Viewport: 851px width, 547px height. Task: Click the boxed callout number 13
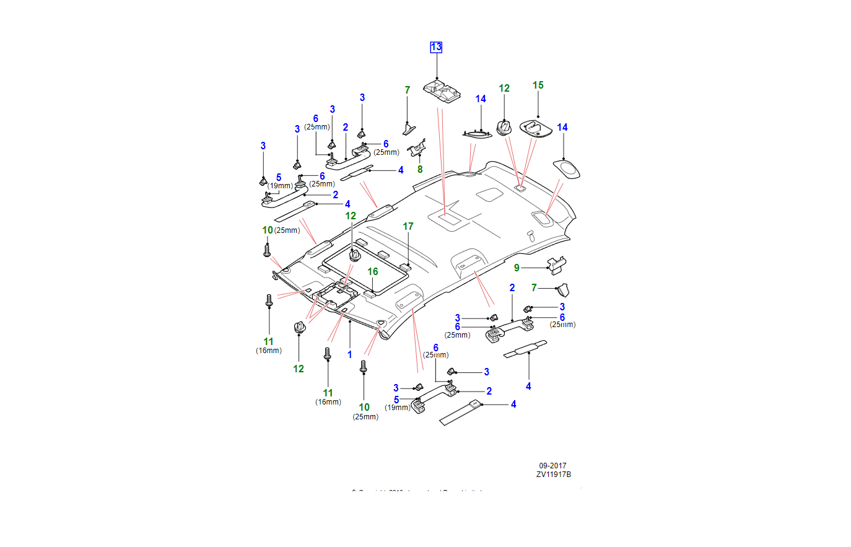point(436,47)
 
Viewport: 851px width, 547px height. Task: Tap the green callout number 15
point(538,85)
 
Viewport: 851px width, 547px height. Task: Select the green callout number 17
point(408,227)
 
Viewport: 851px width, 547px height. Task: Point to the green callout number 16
point(372,272)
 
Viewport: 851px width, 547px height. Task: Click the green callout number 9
point(517,268)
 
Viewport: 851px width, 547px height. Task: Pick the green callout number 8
point(420,169)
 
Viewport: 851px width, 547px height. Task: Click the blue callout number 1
point(349,355)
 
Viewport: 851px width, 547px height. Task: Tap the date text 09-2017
point(552,466)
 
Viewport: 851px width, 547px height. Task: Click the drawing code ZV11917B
point(554,475)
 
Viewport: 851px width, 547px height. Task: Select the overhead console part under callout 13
point(442,90)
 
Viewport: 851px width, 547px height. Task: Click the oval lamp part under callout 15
point(536,128)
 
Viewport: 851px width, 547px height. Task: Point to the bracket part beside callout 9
point(556,265)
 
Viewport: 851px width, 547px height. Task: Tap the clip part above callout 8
point(417,148)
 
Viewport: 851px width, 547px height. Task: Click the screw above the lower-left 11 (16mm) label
point(269,301)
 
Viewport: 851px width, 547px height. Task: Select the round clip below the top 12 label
point(504,128)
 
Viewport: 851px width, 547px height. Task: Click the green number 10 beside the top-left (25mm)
point(267,230)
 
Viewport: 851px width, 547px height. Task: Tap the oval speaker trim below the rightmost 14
point(566,168)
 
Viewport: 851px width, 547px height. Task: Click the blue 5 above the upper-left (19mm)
point(279,178)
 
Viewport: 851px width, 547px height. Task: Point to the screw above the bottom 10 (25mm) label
point(364,366)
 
